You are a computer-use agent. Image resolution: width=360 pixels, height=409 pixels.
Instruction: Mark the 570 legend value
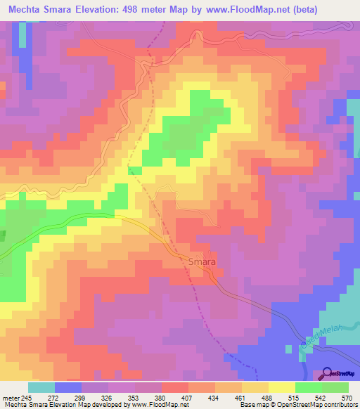point(347,398)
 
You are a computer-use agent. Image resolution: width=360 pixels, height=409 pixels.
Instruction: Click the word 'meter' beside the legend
point(8,398)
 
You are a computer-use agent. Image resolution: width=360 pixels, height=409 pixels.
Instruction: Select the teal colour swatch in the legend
point(41,387)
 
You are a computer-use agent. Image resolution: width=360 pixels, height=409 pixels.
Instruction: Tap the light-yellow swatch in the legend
point(281,387)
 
